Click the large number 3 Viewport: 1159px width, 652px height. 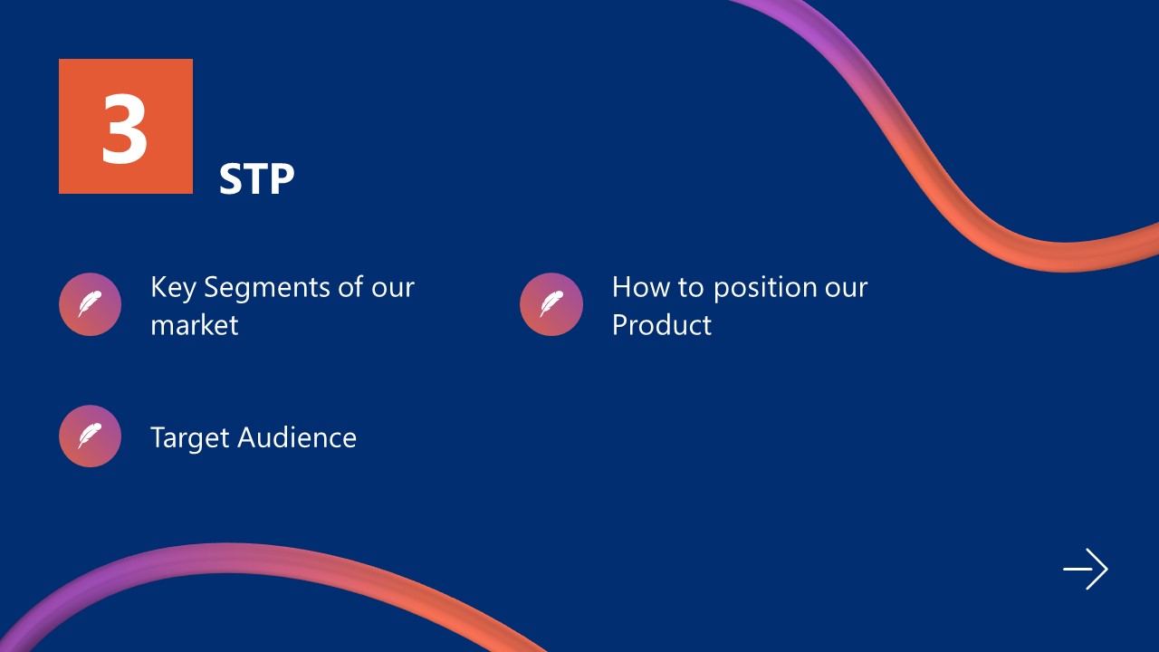(125, 128)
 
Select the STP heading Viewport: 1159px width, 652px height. (256, 180)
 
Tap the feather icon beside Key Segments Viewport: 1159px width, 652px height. (90, 304)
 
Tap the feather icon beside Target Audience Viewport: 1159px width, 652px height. (90, 436)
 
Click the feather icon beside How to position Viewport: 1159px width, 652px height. (551, 304)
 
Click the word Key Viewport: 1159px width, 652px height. (173, 288)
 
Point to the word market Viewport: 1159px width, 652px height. (194, 325)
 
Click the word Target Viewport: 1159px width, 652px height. (189, 438)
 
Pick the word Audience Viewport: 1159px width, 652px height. (297, 438)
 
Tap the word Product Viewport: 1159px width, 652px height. (661, 325)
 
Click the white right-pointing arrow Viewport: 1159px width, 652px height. (1085, 570)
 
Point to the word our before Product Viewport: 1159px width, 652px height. (844, 288)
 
